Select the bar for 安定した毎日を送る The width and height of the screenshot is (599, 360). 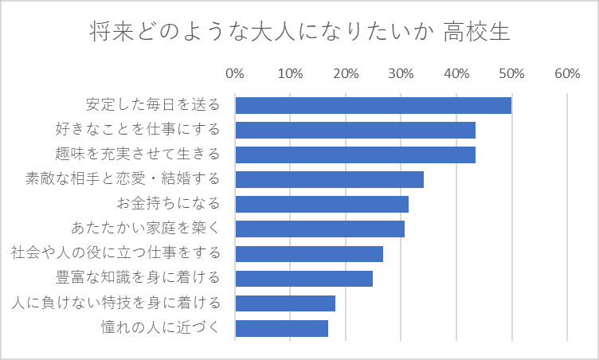(x=373, y=105)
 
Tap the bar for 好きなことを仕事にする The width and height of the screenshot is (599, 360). (x=355, y=130)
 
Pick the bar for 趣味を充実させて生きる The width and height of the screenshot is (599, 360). (x=355, y=155)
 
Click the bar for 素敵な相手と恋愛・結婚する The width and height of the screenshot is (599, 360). (x=329, y=179)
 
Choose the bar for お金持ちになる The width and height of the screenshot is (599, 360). (x=322, y=204)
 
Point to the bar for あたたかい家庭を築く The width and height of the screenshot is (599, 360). (x=319, y=229)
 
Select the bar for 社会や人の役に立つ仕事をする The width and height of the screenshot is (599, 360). (x=309, y=253)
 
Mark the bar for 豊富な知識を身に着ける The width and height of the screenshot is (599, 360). (x=303, y=278)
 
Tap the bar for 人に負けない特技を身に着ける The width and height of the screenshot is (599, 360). (x=285, y=303)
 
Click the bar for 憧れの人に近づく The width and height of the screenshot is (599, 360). (x=281, y=327)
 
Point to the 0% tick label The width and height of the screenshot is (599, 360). (x=235, y=74)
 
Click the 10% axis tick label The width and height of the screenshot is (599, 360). (x=290, y=74)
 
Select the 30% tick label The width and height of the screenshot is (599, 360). (x=401, y=74)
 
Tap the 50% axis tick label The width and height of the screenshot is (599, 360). (x=511, y=74)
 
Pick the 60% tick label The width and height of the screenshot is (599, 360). (x=566, y=74)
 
